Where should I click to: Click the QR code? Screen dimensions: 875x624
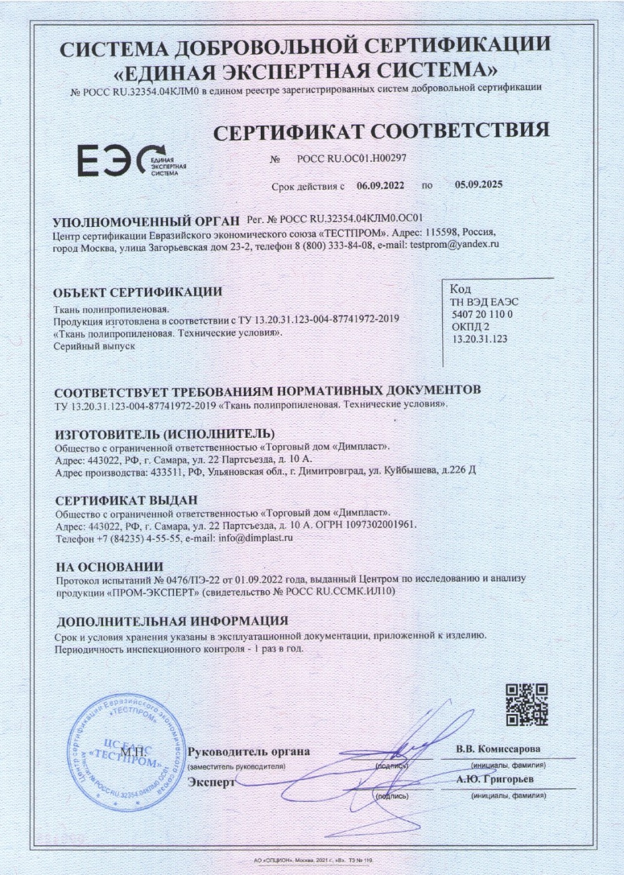click(x=527, y=705)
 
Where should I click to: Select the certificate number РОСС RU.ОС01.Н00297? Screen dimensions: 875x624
click(x=351, y=158)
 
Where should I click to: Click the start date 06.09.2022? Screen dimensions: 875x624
click(x=381, y=185)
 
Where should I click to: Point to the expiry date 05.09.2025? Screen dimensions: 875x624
click(x=478, y=185)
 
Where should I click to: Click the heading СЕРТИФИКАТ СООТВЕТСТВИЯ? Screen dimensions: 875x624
click(x=381, y=130)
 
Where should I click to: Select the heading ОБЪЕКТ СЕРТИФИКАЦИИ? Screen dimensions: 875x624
click(x=137, y=292)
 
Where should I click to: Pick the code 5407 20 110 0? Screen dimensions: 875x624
click(x=481, y=314)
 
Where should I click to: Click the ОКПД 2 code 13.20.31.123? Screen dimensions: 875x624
click(x=479, y=339)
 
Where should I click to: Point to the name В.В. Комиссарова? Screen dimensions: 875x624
click(x=498, y=749)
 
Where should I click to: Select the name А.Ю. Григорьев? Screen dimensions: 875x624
click(x=495, y=780)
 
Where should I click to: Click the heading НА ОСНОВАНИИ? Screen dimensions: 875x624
click(x=109, y=568)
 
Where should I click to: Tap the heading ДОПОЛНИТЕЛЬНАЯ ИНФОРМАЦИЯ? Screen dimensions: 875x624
click(x=172, y=621)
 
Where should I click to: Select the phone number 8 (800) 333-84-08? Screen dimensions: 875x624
click(x=334, y=244)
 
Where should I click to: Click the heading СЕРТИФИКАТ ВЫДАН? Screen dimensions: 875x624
click(x=126, y=500)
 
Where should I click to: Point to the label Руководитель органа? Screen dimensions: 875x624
click(x=248, y=752)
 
